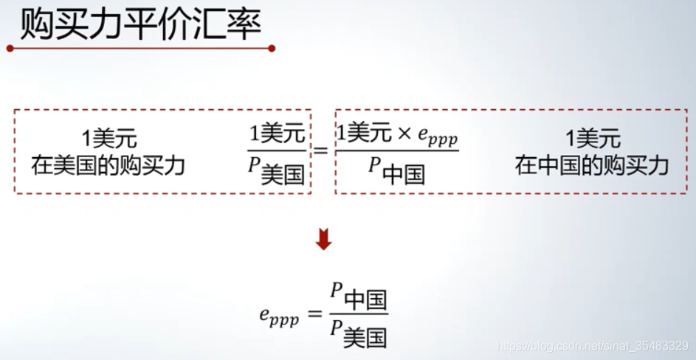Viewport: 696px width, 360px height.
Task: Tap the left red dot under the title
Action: coord(10,49)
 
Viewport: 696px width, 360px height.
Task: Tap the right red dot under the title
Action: coord(272,49)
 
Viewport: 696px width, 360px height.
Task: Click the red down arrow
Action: coord(323,240)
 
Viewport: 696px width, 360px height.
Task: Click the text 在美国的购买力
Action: coord(108,165)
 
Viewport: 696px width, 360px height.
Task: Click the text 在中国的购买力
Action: coord(592,165)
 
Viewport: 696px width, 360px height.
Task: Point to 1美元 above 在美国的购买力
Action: coord(109,139)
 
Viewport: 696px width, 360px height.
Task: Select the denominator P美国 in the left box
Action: coord(278,172)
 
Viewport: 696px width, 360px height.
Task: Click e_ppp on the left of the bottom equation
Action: coord(279,316)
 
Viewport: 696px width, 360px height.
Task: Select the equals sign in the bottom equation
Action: coord(314,315)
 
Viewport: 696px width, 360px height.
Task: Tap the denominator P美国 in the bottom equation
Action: coord(359,336)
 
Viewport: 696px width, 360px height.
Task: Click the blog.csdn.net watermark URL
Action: coord(593,345)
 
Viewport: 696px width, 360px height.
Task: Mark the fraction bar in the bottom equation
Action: coord(359,316)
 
